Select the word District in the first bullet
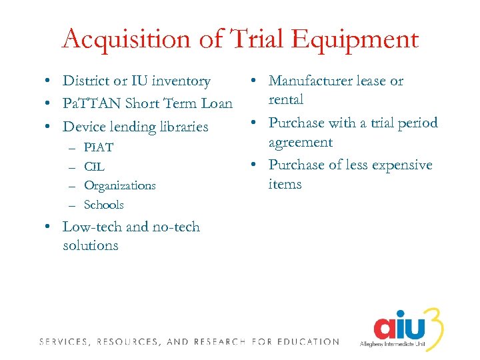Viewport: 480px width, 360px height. (x=85, y=81)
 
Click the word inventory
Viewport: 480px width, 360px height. (x=180, y=81)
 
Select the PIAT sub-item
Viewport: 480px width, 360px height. (x=99, y=147)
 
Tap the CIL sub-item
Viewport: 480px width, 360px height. (x=94, y=167)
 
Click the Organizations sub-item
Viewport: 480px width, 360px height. (x=120, y=185)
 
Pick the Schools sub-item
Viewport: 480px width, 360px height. (x=104, y=205)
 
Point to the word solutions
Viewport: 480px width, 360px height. (x=90, y=245)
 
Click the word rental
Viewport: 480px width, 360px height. (x=285, y=100)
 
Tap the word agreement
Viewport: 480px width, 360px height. (x=300, y=142)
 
